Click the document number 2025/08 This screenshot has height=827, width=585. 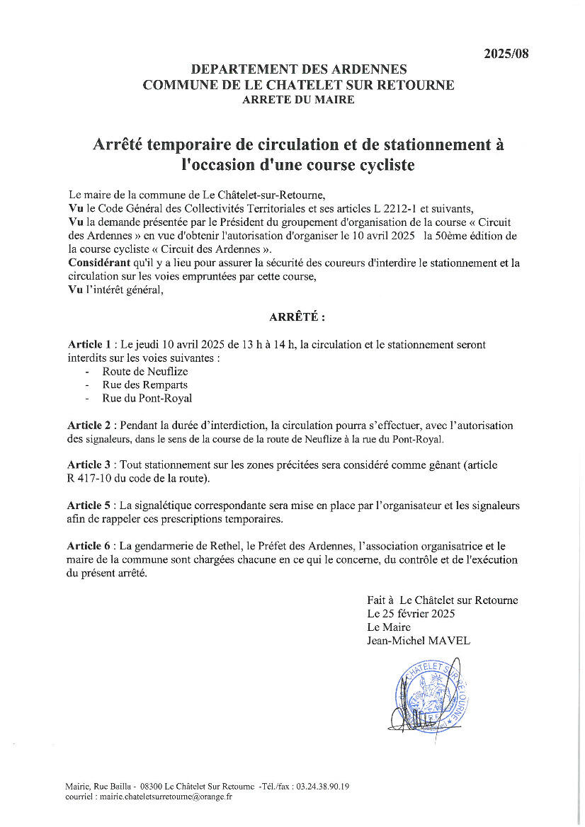tap(506, 54)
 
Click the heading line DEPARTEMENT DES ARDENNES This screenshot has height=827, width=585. tap(299, 69)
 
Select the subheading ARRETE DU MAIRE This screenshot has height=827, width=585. tap(298, 100)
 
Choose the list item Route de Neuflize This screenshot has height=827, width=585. tap(145, 371)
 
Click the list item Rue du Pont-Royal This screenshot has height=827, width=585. tap(147, 398)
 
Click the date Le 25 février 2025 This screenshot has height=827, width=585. tap(411, 613)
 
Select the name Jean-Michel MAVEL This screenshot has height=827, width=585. tap(419, 641)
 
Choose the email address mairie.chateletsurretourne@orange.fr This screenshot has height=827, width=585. tap(156, 797)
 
